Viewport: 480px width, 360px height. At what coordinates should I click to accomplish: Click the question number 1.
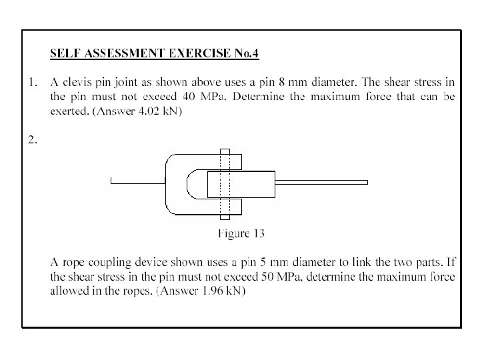pyautogui.click(x=30, y=83)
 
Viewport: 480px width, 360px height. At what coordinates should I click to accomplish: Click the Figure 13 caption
pyautogui.click(x=241, y=233)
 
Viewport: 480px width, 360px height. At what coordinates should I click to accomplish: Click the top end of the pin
pyautogui.click(x=225, y=153)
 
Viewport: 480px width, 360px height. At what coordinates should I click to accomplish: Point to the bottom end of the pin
pyautogui.click(x=225, y=215)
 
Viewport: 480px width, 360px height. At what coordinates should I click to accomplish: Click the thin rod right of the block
pyautogui.click(x=321, y=182)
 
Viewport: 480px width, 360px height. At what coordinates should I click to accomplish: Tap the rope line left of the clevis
pyautogui.click(x=137, y=181)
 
